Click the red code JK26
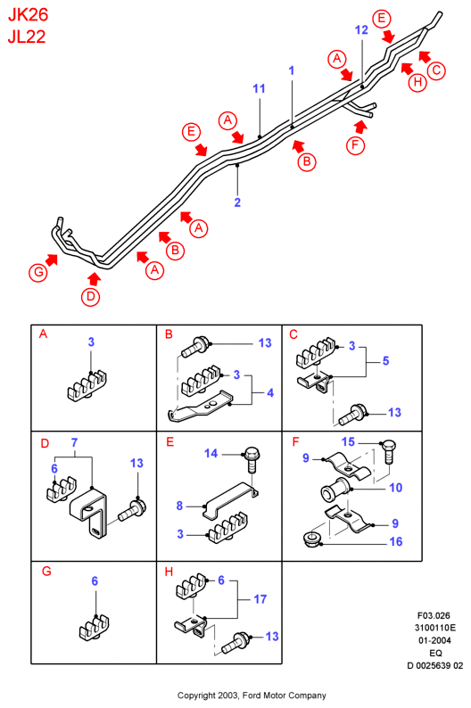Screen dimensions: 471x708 28,15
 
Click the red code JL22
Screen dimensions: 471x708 27,37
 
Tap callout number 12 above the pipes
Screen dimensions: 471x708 361,29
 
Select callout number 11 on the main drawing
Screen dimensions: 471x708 259,88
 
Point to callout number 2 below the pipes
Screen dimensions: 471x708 237,202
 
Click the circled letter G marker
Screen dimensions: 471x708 38,272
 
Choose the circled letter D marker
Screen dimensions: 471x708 91,297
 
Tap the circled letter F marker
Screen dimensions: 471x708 355,145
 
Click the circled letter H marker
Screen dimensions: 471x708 417,82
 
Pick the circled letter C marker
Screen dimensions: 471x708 436,70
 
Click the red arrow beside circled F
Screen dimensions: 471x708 359,127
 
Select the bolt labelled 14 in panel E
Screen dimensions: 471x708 252,458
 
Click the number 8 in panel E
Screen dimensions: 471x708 179,506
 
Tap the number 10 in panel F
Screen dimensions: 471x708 395,488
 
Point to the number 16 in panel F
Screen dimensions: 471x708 395,541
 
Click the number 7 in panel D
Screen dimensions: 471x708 75,442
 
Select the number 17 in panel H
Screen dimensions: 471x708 260,599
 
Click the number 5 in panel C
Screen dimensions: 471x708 385,361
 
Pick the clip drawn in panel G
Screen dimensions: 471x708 95,627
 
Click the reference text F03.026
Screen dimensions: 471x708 434,615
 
